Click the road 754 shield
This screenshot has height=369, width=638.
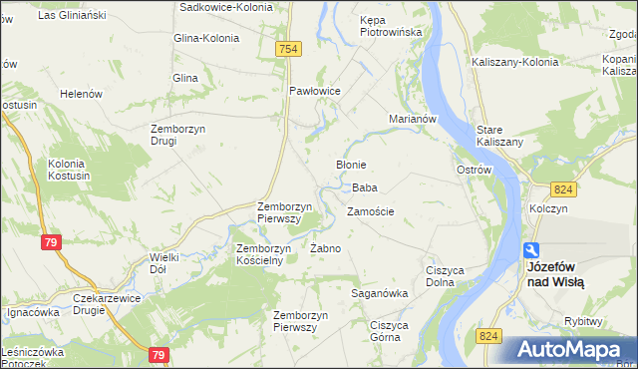[x=289, y=49]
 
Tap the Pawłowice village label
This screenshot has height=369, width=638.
[x=315, y=91]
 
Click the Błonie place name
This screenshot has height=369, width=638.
[x=351, y=165]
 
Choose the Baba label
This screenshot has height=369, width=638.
[x=364, y=187]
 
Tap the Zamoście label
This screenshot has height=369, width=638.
[x=371, y=211]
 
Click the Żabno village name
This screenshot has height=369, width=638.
[x=326, y=248]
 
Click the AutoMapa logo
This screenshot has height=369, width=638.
[x=568, y=350]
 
